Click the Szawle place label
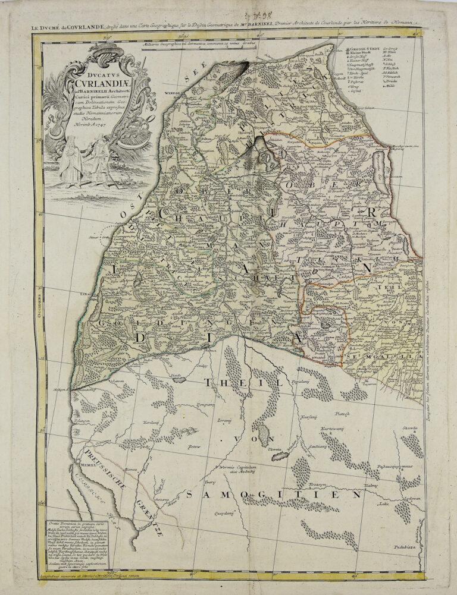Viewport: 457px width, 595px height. tap(408, 427)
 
